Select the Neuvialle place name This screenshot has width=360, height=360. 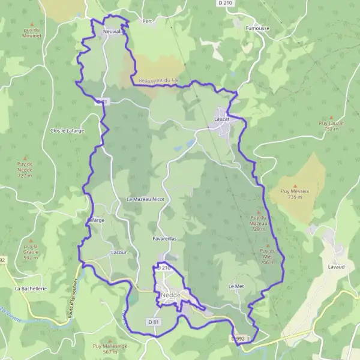(113, 31)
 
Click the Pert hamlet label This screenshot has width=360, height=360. (147, 21)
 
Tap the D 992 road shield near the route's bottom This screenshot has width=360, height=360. (238, 339)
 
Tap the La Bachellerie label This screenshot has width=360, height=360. (31, 289)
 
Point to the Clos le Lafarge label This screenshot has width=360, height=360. (67, 131)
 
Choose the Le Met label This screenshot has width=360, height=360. (235, 287)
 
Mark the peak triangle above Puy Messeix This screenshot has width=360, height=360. (295, 187)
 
